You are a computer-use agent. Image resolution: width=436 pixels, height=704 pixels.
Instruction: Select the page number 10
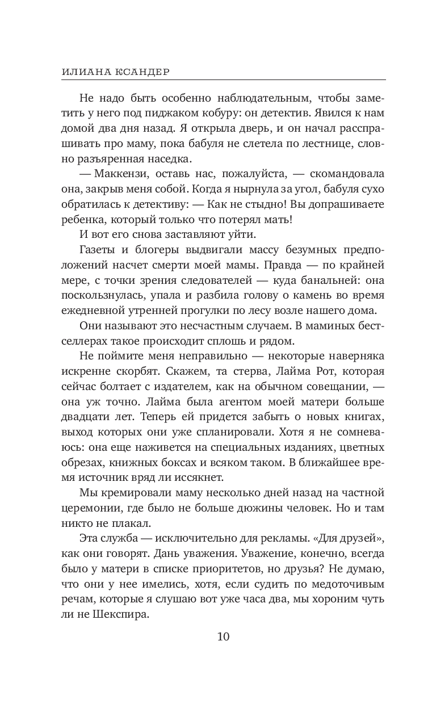coord(223,636)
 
